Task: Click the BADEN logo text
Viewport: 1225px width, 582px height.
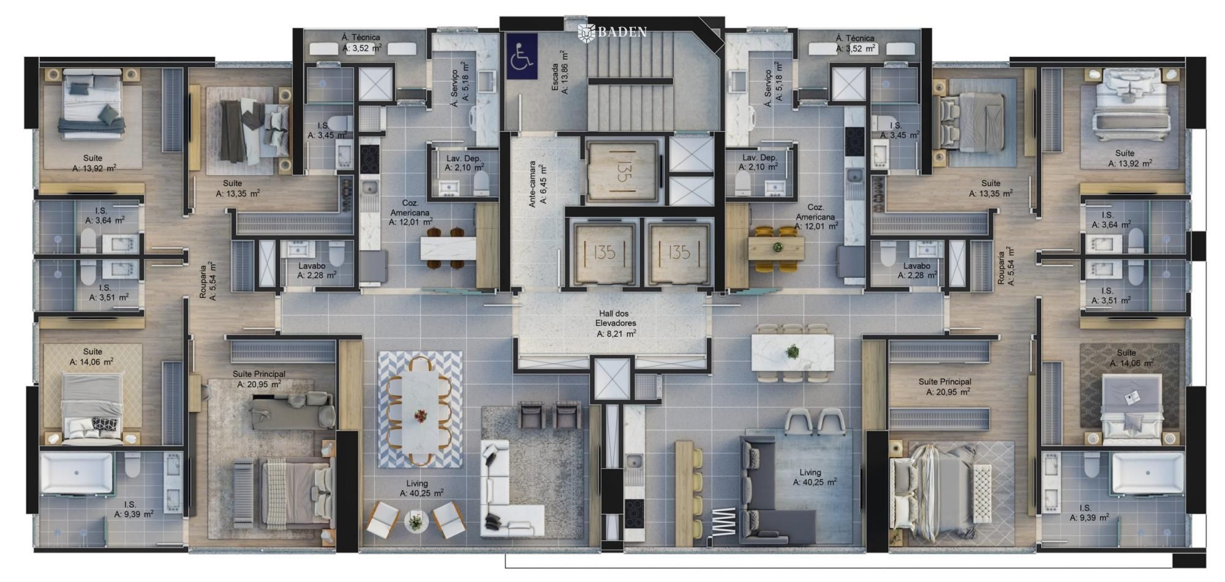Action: pyautogui.click(x=613, y=32)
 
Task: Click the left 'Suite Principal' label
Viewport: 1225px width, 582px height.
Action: pyautogui.click(x=258, y=374)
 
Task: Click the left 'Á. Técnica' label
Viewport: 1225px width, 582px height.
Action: pyautogui.click(x=361, y=37)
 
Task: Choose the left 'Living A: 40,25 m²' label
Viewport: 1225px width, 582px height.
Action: pyautogui.click(x=421, y=488)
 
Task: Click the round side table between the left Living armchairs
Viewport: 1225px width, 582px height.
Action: pyautogui.click(x=416, y=522)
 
